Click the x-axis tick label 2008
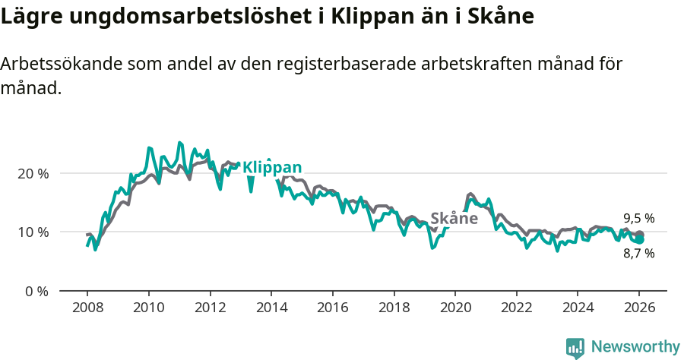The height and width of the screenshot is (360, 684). click(87, 308)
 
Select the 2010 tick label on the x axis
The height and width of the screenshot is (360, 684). click(148, 308)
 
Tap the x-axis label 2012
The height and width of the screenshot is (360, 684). click(210, 308)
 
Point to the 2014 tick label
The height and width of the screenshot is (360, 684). click(271, 308)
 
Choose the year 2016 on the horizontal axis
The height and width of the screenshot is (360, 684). click(332, 308)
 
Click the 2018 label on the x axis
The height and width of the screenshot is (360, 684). click(394, 308)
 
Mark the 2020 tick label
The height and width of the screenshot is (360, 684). click(454, 308)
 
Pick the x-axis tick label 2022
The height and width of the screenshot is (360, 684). click(516, 308)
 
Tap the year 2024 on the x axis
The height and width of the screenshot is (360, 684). click(577, 308)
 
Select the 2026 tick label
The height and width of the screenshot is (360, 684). click(638, 308)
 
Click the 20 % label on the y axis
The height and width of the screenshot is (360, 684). click(33, 173)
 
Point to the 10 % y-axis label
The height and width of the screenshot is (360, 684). click(33, 232)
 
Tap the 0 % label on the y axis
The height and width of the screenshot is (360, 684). click(36, 291)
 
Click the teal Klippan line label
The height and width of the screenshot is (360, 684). click(271, 168)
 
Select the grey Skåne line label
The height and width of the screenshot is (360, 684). click(454, 219)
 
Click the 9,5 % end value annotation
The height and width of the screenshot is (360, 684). click(638, 219)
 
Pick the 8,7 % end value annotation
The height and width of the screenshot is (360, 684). click(638, 254)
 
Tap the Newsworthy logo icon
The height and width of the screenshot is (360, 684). click(575, 347)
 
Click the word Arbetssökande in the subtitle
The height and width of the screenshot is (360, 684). click(61, 65)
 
